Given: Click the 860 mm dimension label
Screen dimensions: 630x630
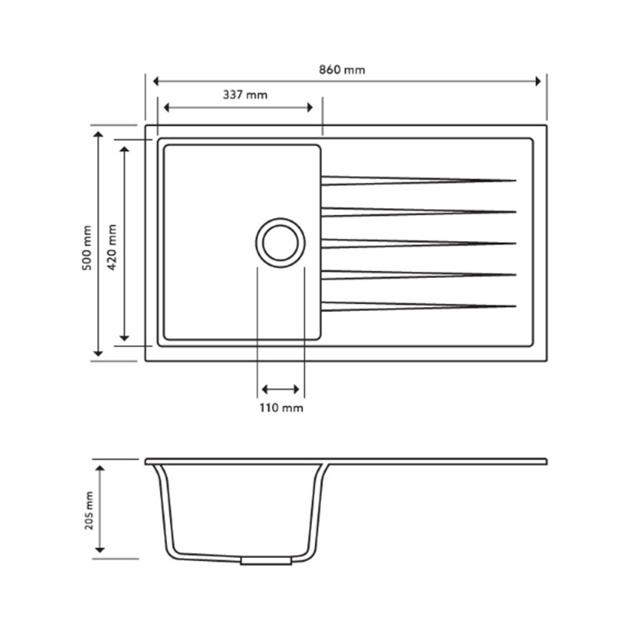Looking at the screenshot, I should pyautogui.click(x=342, y=70).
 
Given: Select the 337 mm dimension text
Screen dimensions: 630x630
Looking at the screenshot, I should pyautogui.click(x=245, y=95).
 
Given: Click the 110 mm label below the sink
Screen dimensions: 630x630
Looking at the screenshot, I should pyautogui.click(x=281, y=408).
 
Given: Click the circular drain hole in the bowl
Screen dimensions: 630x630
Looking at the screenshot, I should pyautogui.click(x=281, y=242).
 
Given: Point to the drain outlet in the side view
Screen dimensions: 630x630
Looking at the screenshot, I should pyautogui.click(x=265, y=561).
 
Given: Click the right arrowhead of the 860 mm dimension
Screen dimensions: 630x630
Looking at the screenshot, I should pyautogui.click(x=537, y=81).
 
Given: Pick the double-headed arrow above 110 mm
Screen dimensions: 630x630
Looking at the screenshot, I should pyautogui.click(x=281, y=389).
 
